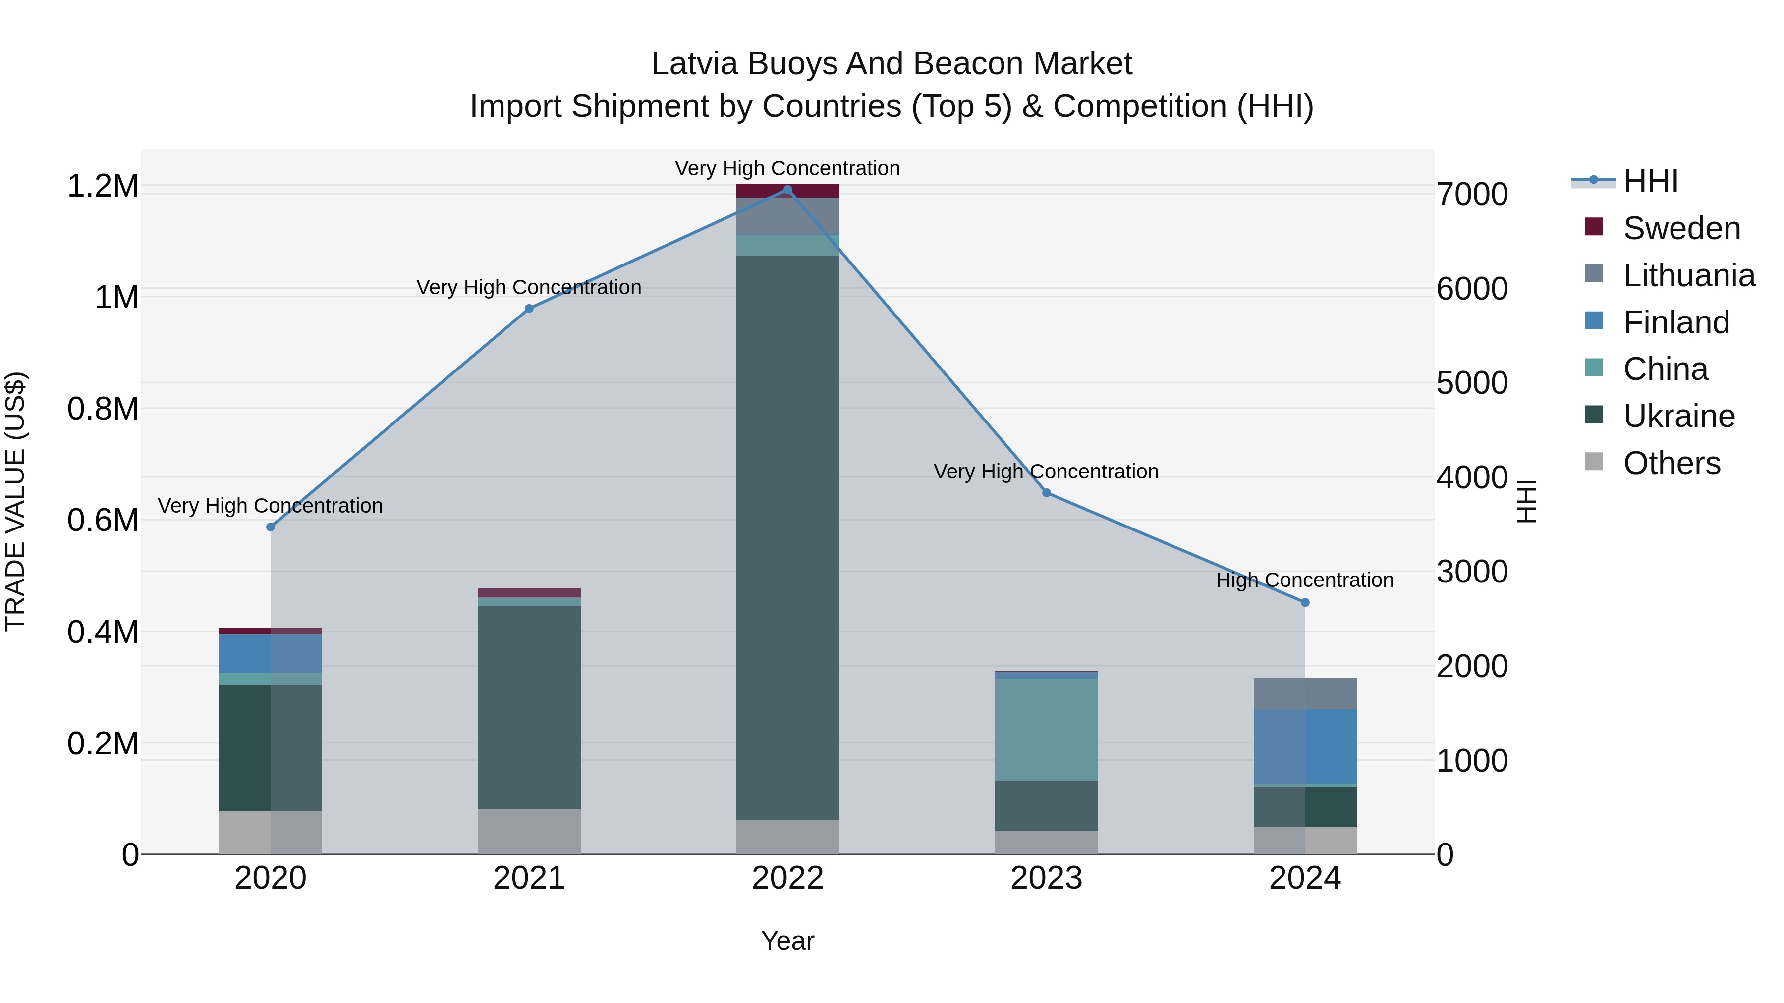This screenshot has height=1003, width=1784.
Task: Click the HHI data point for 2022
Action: click(x=787, y=190)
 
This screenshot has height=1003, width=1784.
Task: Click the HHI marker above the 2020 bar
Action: click(x=271, y=527)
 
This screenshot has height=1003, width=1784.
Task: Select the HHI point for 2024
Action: click(x=1305, y=602)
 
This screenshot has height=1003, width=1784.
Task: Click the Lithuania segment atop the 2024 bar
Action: click(x=1305, y=693)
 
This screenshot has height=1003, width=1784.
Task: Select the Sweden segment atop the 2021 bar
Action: click(x=529, y=592)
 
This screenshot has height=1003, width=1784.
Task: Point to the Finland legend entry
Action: click(x=1676, y=322)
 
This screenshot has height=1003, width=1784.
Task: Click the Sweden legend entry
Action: click(x=1681, y=228)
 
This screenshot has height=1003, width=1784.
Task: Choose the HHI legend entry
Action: click(x=1650, y=181)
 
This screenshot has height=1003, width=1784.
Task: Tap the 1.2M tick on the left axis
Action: click(x=103, y=186)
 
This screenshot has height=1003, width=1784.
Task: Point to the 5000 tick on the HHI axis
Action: click(x=1472, y=383)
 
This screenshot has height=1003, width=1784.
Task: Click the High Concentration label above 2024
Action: click(x=1305, y=580)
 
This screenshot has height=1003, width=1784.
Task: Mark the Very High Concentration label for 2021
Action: click(x=529, y=287)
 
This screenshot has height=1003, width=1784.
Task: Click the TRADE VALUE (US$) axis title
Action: click(x=15, y=501)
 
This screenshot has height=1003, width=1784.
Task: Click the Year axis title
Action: click(x=787, y=941)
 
